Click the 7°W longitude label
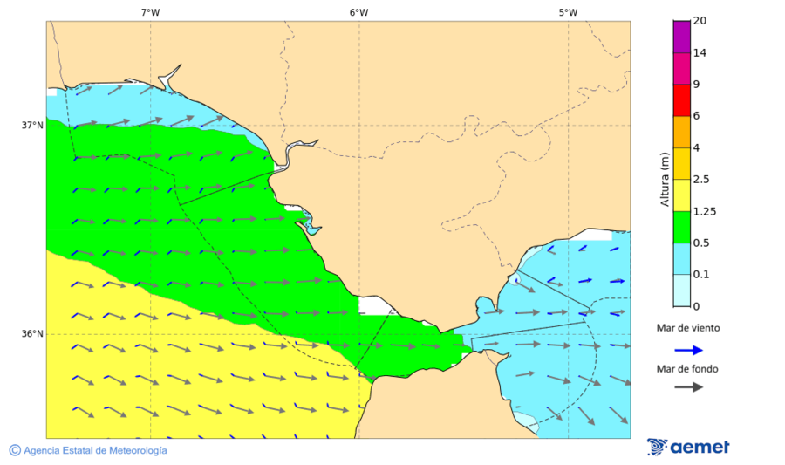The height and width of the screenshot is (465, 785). pyautogui.click(x=150, y=12)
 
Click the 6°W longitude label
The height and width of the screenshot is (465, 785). pyautogui.click(x=358, y=12)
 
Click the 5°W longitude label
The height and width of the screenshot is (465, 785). pyautogui.click(x=568, y=12)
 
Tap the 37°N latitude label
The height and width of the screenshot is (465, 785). pyautogui.click(x=32, y=125)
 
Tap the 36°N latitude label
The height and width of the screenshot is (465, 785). pyautogui.click(x=32, y=334)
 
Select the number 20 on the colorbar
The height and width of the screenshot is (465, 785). pyautogui.click(x=700, y=21)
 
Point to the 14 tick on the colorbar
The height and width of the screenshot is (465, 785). pyautogui.click(x=700, y=52)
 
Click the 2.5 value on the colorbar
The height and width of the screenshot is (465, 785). pyautogui.click(x=701, y=180)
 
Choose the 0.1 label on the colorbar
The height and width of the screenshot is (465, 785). pyautogui.click(x=701, y=275)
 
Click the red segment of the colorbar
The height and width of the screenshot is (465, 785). pyautogui.click(x=680, y=100)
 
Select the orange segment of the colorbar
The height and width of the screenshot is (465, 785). pyautogui.click(x=680, y=132)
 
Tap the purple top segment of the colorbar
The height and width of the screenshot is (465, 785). pyautogui.click(x=680, y=37)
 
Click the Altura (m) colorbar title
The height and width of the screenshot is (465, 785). pyautogui.click(x=665, y=179)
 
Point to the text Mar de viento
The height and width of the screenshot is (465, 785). pyautogui.click(x=688, y=328)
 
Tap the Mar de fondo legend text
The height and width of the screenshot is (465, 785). pyautogui.click(x=688, y=368)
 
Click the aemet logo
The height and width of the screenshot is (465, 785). pyautogui.click(x=689, y=447)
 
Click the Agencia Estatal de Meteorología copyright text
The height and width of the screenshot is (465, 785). pyautogui.click(x=88, y=450)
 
